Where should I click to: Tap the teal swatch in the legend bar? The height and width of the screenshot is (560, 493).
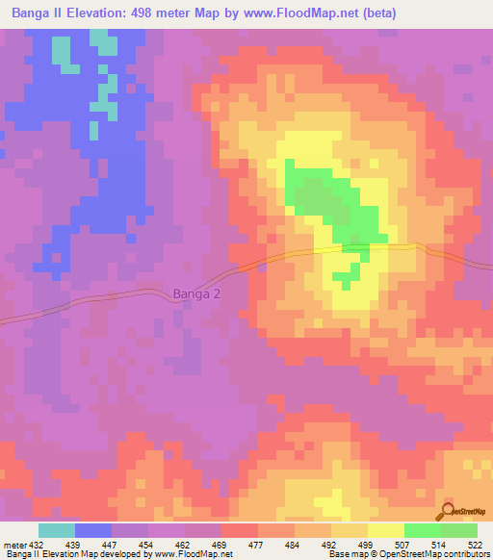click(56, 530)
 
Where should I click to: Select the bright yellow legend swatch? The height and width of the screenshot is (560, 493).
click(385, 530)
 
